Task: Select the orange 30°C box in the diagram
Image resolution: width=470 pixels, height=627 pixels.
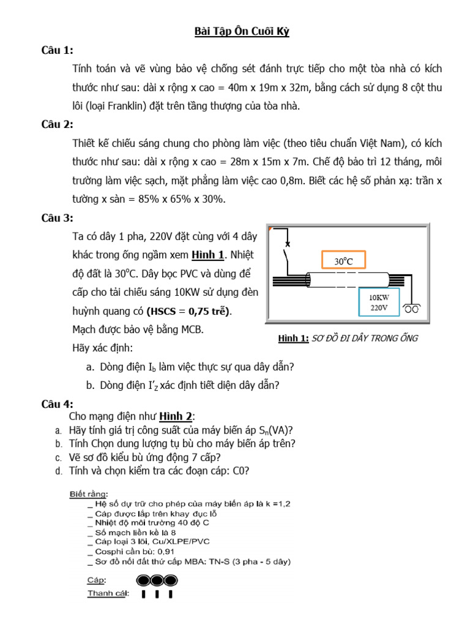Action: click(x=343, y=261)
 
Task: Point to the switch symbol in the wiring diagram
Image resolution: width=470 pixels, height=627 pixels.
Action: click(x=286, y=252)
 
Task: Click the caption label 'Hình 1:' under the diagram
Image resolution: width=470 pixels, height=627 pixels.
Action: click(x=293, y=339)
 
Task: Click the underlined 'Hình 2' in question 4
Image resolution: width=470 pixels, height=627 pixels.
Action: click(x=176, y=417)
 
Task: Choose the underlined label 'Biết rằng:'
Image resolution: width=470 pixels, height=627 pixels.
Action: click(x=89, y=494)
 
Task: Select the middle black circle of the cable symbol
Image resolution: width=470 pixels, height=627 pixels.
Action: click(x=156, y=580)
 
